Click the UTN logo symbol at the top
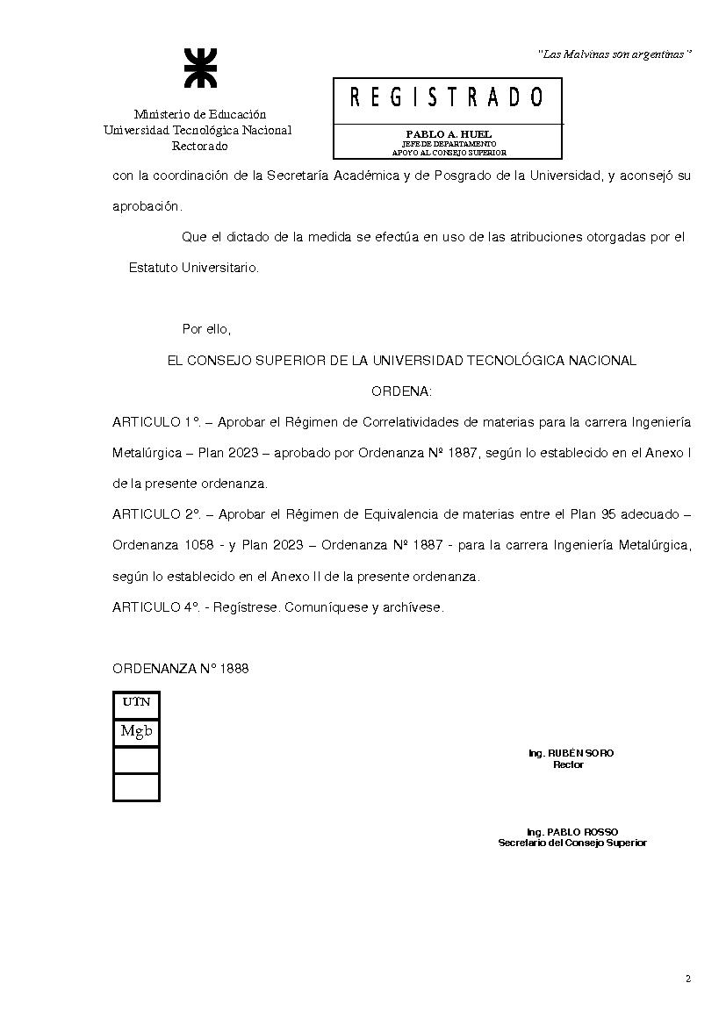[198, 68]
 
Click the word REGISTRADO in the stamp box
[447, 97]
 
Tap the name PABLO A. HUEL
[449, 134]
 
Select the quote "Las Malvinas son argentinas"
[615, 54]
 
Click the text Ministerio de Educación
[199, 114]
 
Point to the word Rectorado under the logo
[199, 146]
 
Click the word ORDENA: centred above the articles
[401, 391]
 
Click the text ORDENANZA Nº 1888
[180, 668]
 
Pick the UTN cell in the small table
[136, 702]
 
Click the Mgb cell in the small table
[136, 731]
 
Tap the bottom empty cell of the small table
[136, 786]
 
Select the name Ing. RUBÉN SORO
[571, 754]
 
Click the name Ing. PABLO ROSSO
[572, 832]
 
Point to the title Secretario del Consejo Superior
[572, 843]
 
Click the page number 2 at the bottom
[687, 979]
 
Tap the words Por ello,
[205, 329]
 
